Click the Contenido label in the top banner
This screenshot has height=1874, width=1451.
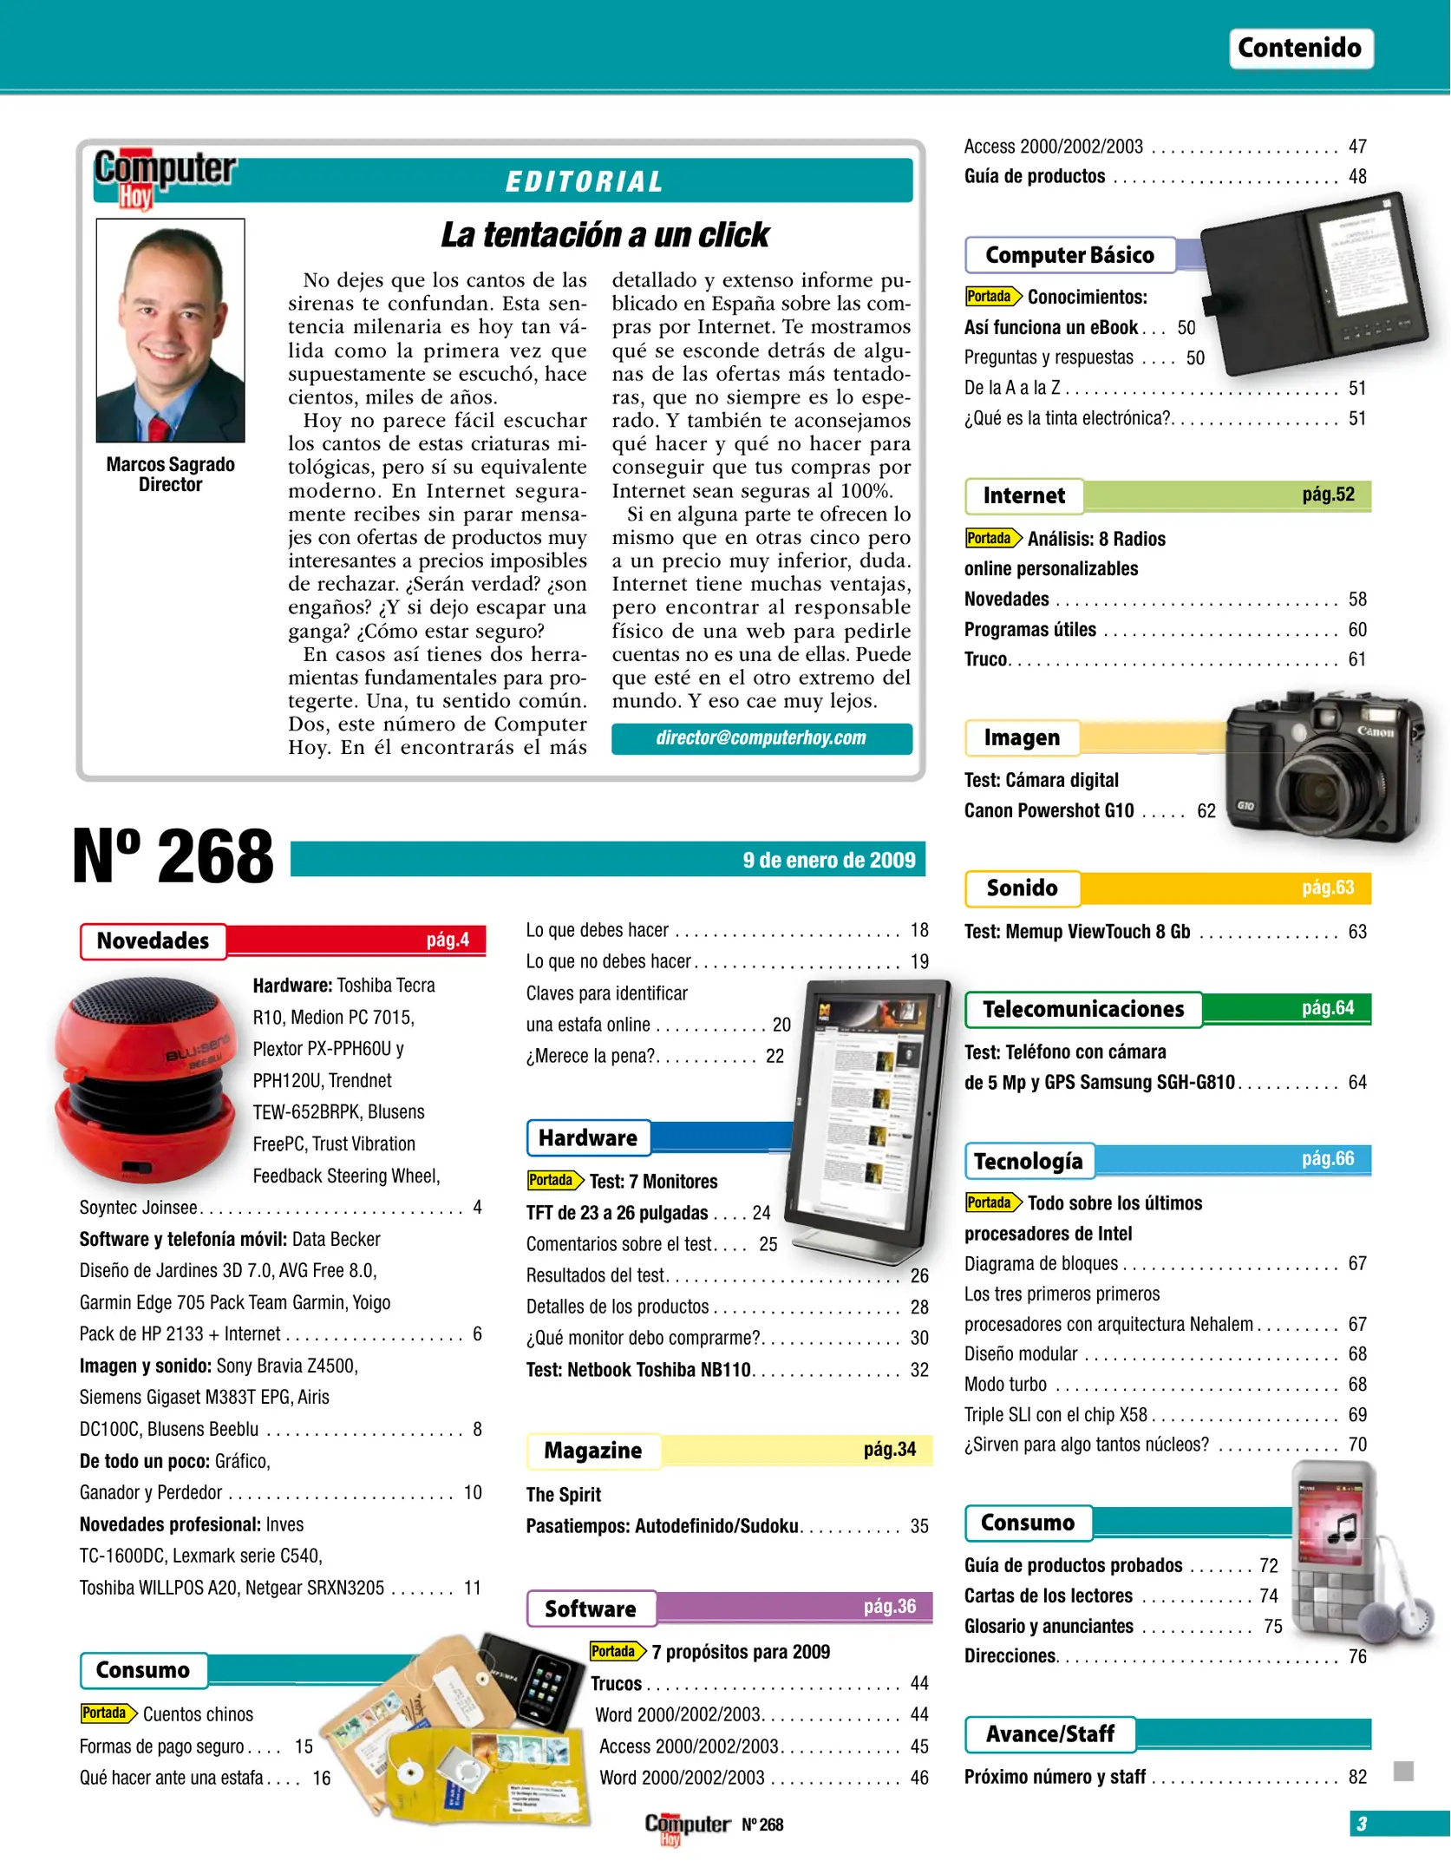point(1299,48)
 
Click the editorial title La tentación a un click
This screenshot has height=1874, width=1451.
point(605,235)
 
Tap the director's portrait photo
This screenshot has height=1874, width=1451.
point(171,331)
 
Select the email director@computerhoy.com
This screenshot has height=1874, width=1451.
point(761,738)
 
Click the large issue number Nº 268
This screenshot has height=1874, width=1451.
point(173,857)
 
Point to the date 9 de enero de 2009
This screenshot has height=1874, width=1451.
point(828,860)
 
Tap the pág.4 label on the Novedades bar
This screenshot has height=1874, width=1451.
point(448,940)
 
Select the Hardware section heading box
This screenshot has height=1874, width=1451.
point(588,1137)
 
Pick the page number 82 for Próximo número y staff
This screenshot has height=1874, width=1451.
point(1357,1777)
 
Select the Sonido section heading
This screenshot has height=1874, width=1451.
point(1023,888)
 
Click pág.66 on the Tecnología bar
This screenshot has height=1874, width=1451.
point(1327,1158)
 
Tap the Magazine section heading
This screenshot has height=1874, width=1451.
point(593,1451)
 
